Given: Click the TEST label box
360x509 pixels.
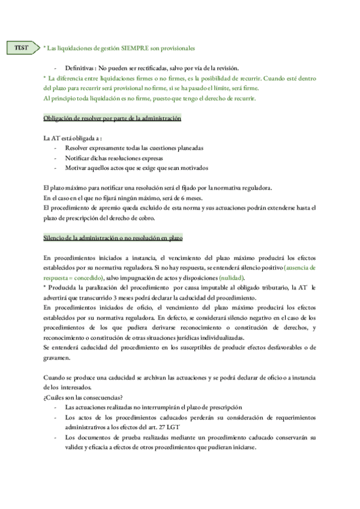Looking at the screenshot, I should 22,47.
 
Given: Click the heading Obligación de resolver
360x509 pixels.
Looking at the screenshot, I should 113,118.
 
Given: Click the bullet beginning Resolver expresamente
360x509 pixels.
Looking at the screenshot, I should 134,148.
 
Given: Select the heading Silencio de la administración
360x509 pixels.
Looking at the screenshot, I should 113,238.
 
